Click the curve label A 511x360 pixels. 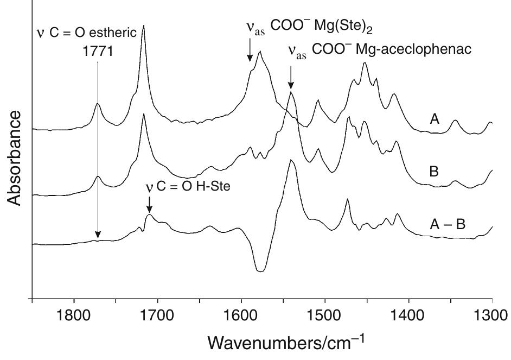(434, 119)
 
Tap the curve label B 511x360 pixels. (435, 172)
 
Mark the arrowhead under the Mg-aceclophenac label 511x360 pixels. (291, 85)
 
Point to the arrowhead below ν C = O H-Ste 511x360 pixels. (149, 210)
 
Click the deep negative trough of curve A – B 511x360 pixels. (260, 270)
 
